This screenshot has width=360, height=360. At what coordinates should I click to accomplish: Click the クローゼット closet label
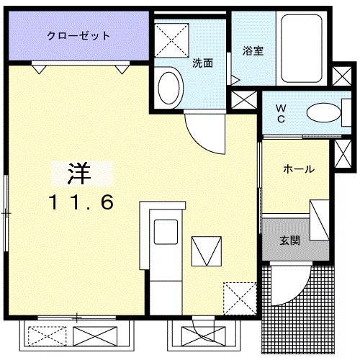[78, 35]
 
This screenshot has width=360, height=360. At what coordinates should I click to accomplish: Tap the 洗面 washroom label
[202, 63]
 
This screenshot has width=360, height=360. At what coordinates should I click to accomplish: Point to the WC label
[281, 113]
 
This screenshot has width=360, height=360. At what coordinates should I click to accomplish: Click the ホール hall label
[298, 169]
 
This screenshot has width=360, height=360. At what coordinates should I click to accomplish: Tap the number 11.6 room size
[81, 203]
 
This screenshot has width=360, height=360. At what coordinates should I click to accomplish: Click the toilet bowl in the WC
[322, 112]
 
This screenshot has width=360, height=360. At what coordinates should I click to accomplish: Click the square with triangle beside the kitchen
[205, 251]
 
